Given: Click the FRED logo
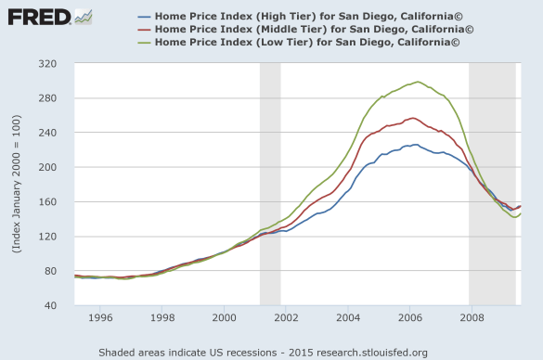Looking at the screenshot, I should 40,16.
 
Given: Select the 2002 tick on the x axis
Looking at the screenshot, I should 286,317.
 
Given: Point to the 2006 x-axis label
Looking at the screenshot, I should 409,317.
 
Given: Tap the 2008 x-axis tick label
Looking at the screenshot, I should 472,317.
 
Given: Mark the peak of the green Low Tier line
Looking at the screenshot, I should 418,82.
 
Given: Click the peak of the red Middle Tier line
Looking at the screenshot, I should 413,118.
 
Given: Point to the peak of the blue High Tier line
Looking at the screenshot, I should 414,145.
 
